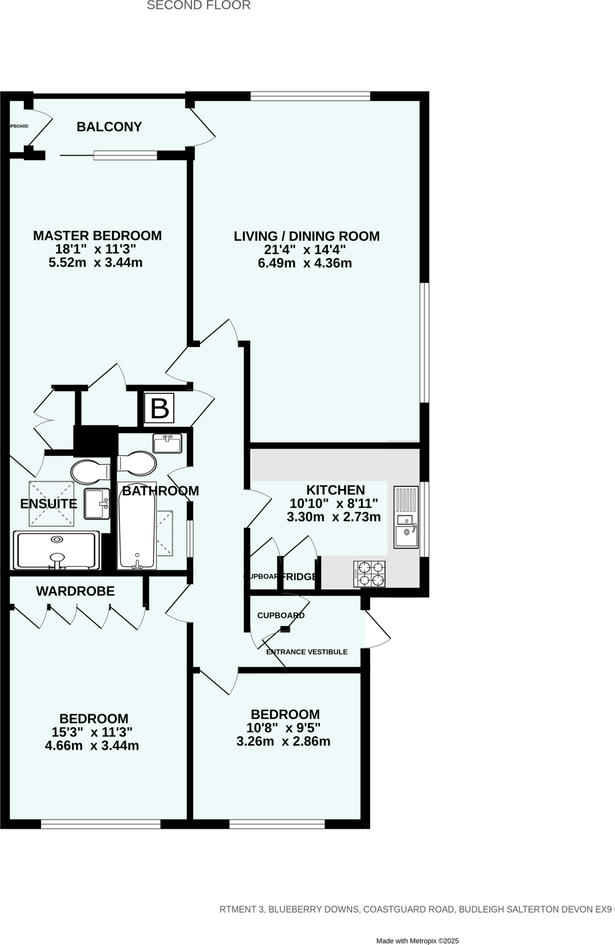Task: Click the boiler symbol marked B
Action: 160,408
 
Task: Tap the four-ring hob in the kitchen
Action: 369,574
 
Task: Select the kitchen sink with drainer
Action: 406,517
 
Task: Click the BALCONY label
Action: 109,127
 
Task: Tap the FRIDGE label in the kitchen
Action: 299,576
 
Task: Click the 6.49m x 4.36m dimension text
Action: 305,263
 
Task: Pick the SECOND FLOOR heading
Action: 199,6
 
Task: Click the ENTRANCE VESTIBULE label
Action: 307,652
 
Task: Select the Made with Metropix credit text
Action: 417,928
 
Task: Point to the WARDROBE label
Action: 76,591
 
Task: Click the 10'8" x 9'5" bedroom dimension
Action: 284,728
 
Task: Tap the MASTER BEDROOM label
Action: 97,236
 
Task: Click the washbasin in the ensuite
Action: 97,504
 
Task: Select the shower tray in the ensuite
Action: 56,550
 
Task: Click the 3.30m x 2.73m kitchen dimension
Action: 334,517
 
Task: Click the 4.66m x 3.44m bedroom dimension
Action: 92,745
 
